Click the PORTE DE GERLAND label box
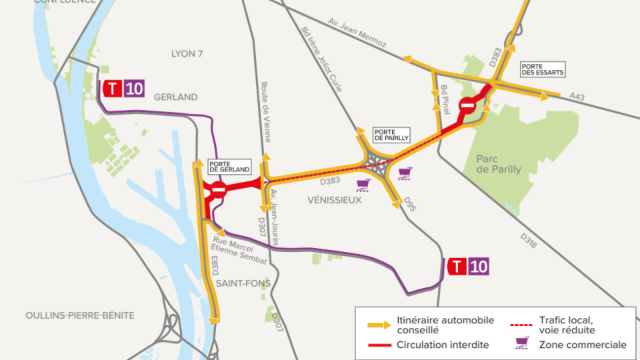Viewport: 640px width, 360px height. (x=229, y=166)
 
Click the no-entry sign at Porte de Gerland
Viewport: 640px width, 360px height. (x=218, y=190)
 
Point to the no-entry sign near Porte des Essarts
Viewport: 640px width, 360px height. (x=468, y=105)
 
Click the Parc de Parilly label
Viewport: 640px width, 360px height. (x=499, y=164)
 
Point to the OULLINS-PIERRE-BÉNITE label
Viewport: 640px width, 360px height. (x=80, y=315)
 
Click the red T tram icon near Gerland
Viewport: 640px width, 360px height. (x=112, y=89)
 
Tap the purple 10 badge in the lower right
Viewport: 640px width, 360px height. (x=478, y=267)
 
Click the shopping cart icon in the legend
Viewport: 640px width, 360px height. (x=521, y=344)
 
